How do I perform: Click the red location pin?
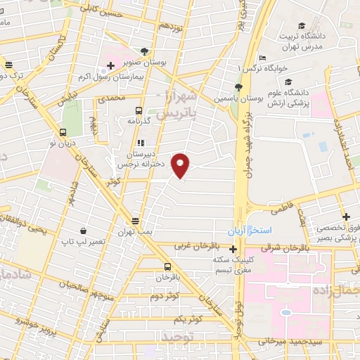[181, 165]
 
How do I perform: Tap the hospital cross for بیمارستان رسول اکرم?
[110, 66]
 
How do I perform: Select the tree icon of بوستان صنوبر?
[144, 51]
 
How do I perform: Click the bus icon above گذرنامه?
[139, 110]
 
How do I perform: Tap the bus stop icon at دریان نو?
[63, 131]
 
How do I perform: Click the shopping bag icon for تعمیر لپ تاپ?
[84, 230]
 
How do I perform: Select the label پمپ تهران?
[135, 231]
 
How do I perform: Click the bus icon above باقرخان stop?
[167, 266]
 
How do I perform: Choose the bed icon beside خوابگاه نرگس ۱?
[262, 58]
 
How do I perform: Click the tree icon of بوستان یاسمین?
[238, 86]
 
